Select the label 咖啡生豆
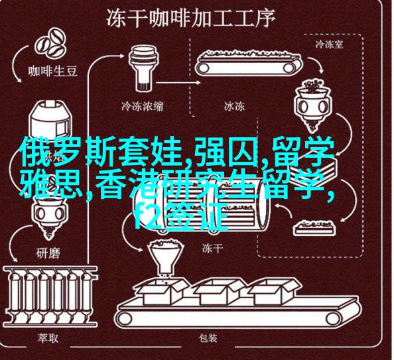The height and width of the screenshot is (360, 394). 52,72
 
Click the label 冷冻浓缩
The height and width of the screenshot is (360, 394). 143,106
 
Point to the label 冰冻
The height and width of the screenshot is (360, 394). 234,106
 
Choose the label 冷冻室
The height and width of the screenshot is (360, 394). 329,45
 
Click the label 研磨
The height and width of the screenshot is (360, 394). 48,253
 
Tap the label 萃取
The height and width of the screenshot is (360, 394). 48,339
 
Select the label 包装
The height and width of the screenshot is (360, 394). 208,339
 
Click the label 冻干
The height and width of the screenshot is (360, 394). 212,249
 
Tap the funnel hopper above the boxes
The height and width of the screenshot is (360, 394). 164,259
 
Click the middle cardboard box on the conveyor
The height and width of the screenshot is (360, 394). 220,291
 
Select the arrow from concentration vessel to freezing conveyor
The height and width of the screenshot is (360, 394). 178,83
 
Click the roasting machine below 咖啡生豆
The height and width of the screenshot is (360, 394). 49,121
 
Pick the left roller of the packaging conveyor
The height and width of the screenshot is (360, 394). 125,319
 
